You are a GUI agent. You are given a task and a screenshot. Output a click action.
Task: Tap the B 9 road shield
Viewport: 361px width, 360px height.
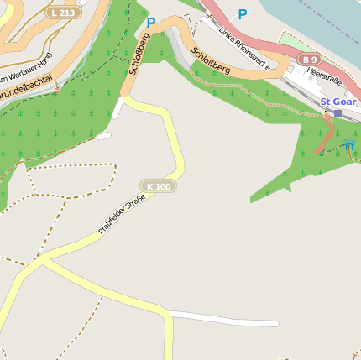pos(309,60)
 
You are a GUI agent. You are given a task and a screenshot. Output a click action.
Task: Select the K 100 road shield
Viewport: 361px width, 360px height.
pos(158,185)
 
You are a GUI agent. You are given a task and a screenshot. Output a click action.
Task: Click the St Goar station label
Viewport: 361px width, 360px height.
pos(338,102)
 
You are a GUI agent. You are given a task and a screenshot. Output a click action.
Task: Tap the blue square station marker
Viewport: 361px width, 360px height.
pos(337,113)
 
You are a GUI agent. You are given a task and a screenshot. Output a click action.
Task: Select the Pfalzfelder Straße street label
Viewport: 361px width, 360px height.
pos(122,214)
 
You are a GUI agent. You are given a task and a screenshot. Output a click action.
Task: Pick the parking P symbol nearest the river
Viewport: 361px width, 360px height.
pos(243,14)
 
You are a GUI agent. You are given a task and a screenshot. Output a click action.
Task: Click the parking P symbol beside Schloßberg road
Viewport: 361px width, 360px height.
pos(151,23)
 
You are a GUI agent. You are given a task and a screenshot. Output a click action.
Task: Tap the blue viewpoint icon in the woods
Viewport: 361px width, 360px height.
pos(348,146)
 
